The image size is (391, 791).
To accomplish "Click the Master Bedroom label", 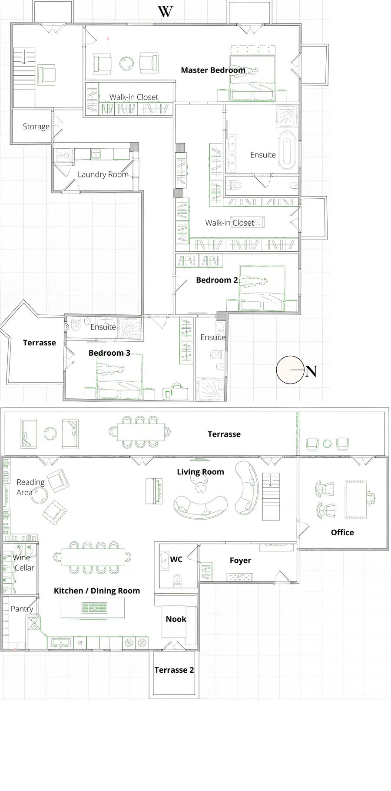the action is tap(213, 70).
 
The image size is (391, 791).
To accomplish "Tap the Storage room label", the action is tap(36, 127).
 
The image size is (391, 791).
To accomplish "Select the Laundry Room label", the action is tap(103, 174).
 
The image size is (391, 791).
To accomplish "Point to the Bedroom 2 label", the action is tap(217, 280).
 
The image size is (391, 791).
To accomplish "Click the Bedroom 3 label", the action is tap(109, 353).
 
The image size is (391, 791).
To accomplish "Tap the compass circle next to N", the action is tap(290, 370).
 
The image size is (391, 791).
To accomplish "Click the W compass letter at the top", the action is tap(165, 11).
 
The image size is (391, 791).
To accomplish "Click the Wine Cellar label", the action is tap(23, 562).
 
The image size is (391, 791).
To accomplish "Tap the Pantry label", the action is tap(22, 609).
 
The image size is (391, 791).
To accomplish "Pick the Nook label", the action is tap(176, 619).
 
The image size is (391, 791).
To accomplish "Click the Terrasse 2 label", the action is tap(174, 670).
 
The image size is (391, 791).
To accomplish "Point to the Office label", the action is tap(342, 532).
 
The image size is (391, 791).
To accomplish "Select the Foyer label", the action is tap(240, 561).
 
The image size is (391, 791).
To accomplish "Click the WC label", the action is tap(176, 559).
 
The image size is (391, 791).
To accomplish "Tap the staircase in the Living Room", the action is tap(271, 497).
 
